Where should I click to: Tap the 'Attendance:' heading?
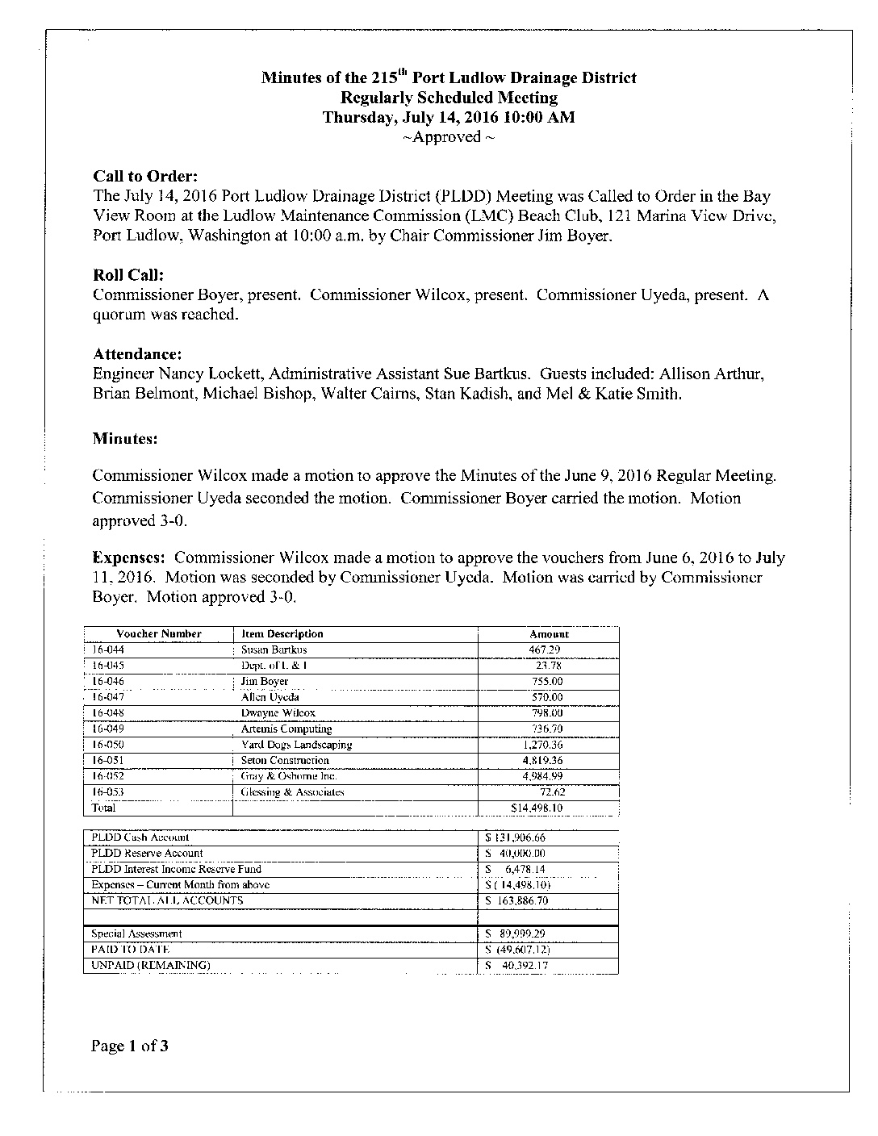coord(137,354)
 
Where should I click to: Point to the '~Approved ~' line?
coord(449,137)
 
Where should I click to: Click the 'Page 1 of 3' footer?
coord(130,1047)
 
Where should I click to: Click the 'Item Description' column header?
coord(282,634)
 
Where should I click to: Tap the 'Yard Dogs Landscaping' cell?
coord(296,745)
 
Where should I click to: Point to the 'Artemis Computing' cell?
coord(286,729)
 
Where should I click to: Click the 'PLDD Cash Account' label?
coord(140,837)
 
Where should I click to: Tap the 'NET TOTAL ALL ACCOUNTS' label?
coord(167,900)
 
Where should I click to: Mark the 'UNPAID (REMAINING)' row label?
coord(151,965)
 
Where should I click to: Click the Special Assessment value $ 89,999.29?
coord(516,933)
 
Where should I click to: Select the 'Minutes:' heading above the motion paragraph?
coord(125,439)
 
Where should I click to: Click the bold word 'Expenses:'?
coord(129,558)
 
